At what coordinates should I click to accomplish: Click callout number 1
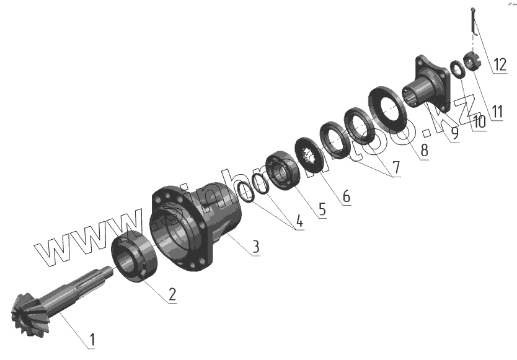tap(92, 340)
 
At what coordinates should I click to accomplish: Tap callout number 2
tap(172, 294)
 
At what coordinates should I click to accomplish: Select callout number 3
tap(255, 247)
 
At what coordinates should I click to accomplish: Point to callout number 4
tap(299, 221)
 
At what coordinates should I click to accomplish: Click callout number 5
tap(322, 209)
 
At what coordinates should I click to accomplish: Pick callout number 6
tap(346, 196)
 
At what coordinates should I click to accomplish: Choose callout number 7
tap(396, 167)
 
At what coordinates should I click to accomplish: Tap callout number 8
tap(424, 151)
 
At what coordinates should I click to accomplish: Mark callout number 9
tap(454, 133)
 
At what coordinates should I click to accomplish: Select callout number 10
tap(479, 122)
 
